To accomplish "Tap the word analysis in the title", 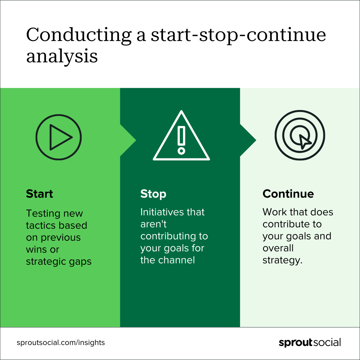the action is pos(62,56).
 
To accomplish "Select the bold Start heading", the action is pos(39,194).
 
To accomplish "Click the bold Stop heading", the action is pos(153,194).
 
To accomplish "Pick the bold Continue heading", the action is pos(288,194).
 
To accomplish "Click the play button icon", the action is pos(59,137).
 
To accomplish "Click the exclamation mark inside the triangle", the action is pos(181,140).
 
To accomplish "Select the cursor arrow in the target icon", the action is pos(305,141).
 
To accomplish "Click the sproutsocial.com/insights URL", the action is pos(61,343).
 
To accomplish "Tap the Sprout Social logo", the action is pos(310,343).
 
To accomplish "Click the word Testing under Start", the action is pos(43,214).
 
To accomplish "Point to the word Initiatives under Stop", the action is pos(162,212).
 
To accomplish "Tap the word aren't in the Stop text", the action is pos(153,224).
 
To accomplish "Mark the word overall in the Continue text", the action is pos(278,248).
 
